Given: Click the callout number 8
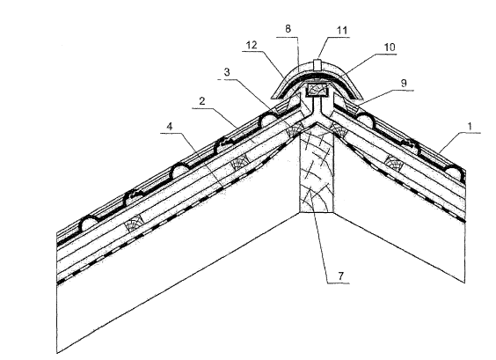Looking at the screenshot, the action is tap(288, 29).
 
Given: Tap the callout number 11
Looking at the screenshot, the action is tap(342, 31).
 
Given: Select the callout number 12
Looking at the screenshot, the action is tap(252, 45).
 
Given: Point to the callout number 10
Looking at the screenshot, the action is tap(390, 48).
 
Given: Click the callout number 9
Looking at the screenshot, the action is tap(404, 83).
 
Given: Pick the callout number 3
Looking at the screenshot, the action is tap(227, 72).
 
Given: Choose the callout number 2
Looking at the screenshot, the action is tap(202, 101).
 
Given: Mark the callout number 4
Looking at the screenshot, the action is tap(170, 127).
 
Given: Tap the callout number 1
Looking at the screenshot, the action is tap(470, 127).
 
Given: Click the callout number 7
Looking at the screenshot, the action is tap(340, 276).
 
